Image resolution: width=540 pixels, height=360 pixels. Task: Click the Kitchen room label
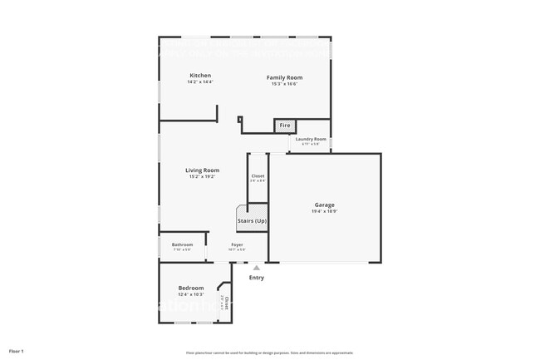click(199, 76)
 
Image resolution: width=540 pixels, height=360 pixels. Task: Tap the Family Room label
click(284, 77)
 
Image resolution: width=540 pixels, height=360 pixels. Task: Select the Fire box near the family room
click(284, 126)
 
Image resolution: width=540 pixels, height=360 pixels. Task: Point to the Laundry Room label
click(311, 139)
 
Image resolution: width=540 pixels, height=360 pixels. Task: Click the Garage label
click(324, 205)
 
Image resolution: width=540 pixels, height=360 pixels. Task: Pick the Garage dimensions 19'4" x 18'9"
click(324, 211)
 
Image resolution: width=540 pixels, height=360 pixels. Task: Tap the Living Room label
click(202, 170)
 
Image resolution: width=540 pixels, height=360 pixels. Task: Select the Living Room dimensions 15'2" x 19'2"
click(202, 177)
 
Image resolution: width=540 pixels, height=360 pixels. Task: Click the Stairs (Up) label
click(253, 221)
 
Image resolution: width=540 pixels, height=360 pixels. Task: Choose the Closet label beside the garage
click(258, 175)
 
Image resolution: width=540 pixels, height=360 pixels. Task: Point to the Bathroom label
click(182, 244)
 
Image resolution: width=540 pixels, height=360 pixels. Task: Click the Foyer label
click(237, 244)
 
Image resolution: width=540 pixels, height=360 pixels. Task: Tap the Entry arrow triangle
click(257, 268)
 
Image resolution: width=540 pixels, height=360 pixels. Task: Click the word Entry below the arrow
click(257, 278)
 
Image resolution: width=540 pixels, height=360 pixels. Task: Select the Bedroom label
click(190, 288)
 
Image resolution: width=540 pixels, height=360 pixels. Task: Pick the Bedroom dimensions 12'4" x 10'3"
click(190, 294)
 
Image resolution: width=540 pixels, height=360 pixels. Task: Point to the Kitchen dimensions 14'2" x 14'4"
click(199, 82)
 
